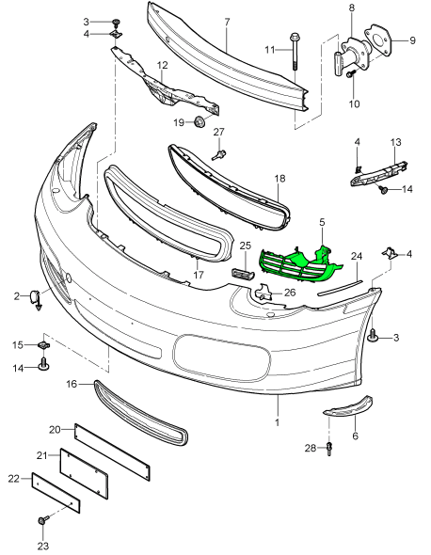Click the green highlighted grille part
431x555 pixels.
pos(300,264)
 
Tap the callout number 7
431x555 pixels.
pos(227,22)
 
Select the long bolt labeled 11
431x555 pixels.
pos(294,52)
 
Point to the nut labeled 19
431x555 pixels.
pos(200,122)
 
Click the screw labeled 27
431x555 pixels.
pos(219,154)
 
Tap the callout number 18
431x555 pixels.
pos(279,178)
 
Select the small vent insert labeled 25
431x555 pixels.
pos(243,273)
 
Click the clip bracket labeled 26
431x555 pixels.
pos(263,292)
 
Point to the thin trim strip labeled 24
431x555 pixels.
pos(340,288)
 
